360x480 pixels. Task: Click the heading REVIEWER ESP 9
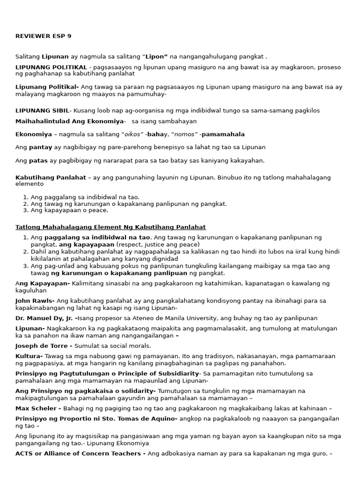(43, 36)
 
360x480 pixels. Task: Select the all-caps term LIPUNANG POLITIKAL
(51, 67)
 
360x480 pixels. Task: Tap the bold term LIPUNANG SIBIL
(42, 111)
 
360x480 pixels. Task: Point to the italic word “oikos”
(132, 134)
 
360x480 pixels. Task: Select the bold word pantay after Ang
(40, 147)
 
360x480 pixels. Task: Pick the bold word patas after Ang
(38, 160)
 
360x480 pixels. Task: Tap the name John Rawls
(35, 300)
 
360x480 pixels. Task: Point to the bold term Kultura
(29, 356)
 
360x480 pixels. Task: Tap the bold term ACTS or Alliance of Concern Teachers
(80, 453)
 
